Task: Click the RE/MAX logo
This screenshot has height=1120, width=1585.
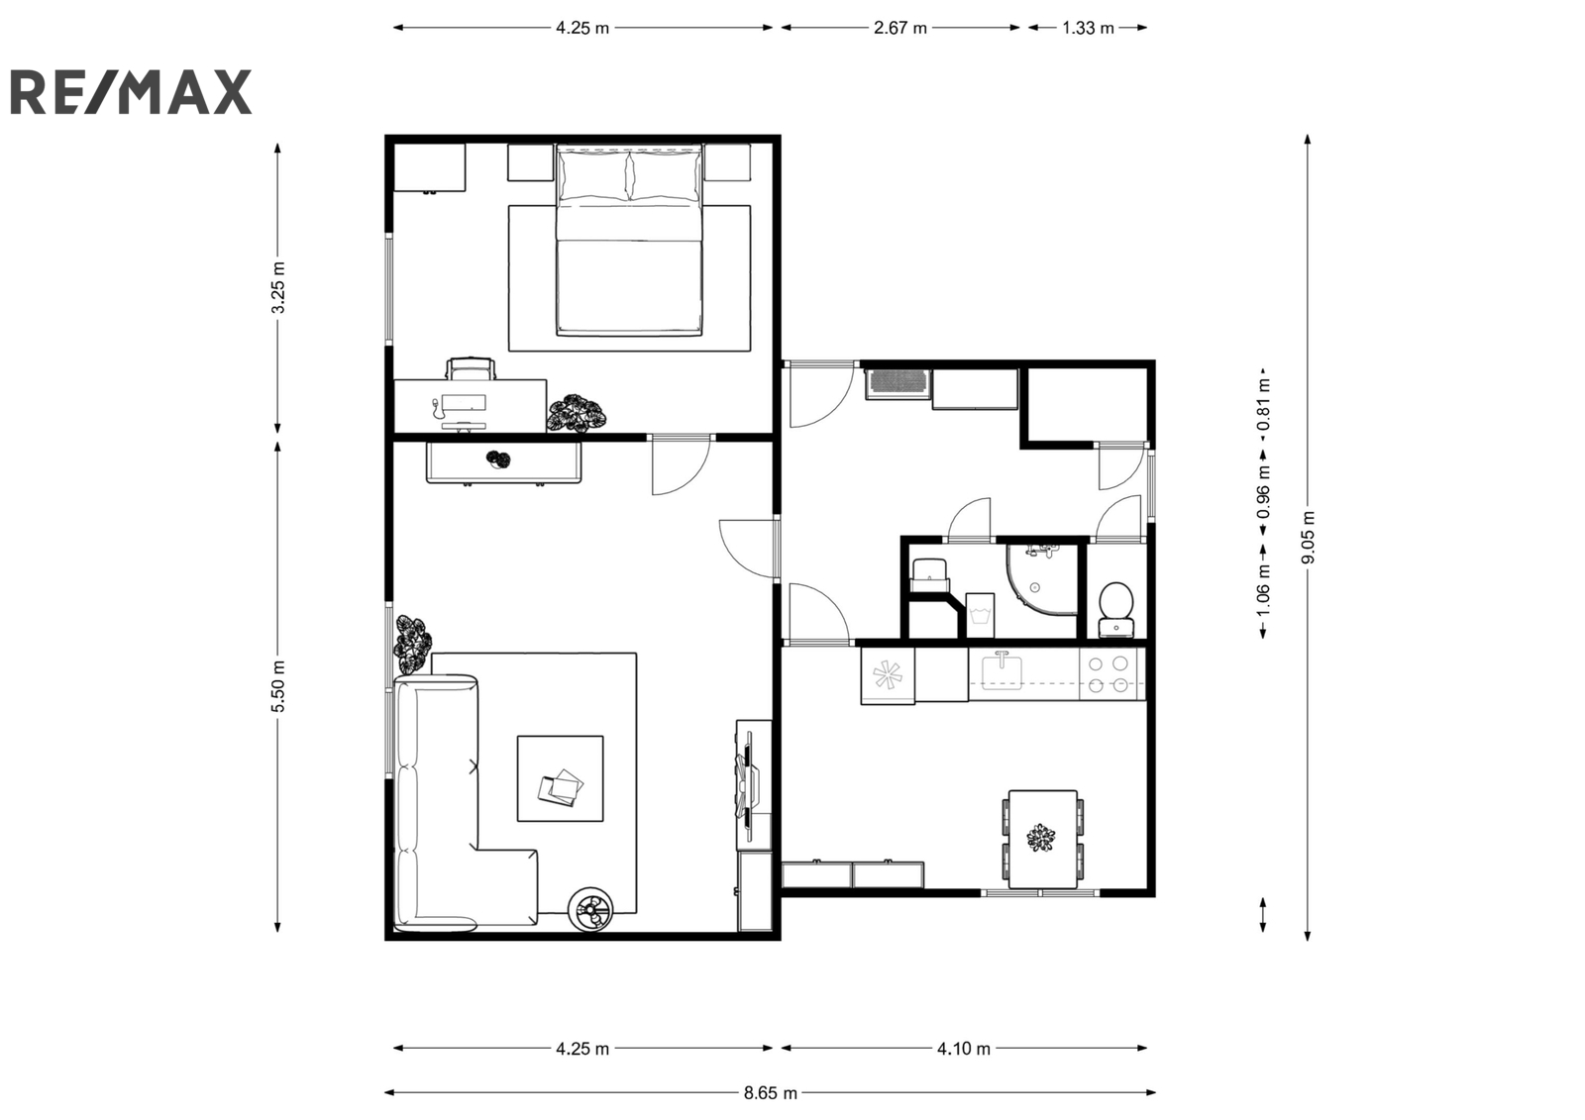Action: (x=131, y=92)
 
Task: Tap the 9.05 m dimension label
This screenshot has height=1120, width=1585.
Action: (x=1308, y=538)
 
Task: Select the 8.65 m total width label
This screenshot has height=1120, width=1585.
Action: (x=770, y=1093)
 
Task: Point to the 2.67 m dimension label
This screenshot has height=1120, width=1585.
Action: (x=900, y=28)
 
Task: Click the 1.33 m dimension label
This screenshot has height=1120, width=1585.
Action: (x=1088, y=28)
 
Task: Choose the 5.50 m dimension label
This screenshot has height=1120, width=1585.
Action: (x=278, y=686)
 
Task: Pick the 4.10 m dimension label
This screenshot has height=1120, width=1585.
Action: (x=964, y=1049)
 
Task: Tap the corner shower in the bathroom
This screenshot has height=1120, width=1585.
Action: (x=1041, y=579)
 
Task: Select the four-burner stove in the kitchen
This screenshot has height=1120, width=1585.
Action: (x=1111, y=674)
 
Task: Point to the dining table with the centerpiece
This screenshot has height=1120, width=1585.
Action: (x=1043, y=839)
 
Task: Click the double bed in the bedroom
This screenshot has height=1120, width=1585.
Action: (x=629, y=239)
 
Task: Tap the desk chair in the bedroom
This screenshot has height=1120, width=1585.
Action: (x=471, y=368)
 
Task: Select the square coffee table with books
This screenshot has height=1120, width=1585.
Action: (x=561, y=778)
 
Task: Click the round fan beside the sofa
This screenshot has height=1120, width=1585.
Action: (x=590, y=909)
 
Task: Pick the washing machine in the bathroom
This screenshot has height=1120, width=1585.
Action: (x=980, y=616)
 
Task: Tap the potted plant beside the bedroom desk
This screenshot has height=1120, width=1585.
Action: (x=576, y=413)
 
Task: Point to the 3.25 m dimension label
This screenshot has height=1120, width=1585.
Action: (x=278, y=287)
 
